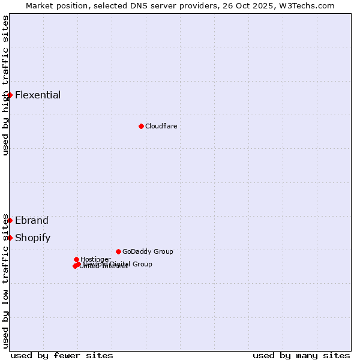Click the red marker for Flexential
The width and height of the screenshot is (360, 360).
[x=10, y=95]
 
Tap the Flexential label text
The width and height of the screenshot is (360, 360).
[x=38, y=95]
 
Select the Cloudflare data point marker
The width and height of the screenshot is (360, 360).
[x=141, y=126]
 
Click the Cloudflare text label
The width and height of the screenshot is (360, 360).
[x=161, y=126]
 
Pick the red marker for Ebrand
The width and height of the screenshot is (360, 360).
[x=10, y=220]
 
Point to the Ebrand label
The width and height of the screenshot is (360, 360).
[x=32, y=220]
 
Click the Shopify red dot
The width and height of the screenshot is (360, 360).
[x=10, y=238]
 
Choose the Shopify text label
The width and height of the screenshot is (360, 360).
[x=32, y=238]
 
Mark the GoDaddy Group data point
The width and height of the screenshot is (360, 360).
[x=118, y=251]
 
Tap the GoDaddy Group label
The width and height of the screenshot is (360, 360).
[x=148, y=251]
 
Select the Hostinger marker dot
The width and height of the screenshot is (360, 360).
[x=76, y=259]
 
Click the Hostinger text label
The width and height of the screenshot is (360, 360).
[x=95, y=259]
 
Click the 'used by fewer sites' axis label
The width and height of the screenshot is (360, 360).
[x=62, y=355]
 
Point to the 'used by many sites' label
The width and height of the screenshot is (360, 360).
[x=301, y=355]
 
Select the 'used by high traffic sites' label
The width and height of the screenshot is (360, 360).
[x=5, y=85]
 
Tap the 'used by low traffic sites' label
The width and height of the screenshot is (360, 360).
[x=5, y=281]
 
